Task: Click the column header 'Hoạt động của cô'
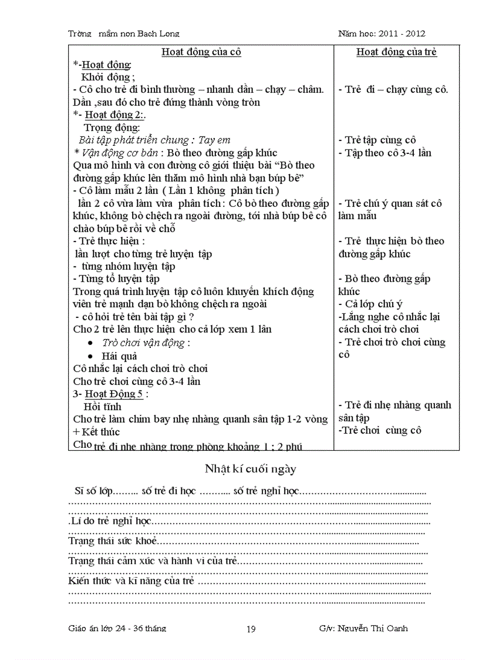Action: click(201, 52)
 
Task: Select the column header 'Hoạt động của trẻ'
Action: click(396, 52)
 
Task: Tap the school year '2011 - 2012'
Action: click(402, 33)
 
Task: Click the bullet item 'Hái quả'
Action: click(119, 356)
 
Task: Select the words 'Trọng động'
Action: click(112, 128)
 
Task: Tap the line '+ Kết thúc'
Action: click(96, 432)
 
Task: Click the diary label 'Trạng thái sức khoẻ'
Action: click(113, 541)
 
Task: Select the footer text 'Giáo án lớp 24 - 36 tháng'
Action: click(117, 629)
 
